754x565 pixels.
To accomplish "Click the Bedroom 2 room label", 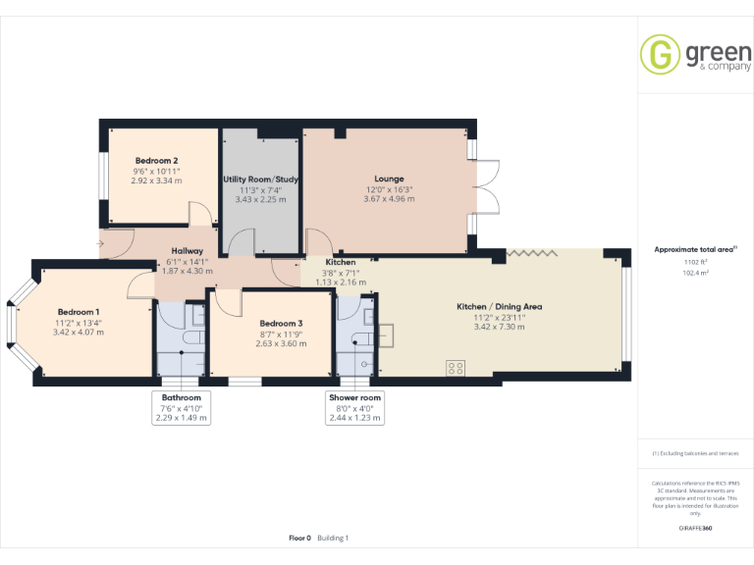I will click(x=156, y=161).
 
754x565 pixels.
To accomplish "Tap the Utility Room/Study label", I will click(x=260, y=180).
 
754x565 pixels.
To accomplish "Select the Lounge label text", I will click(x=389, y=179).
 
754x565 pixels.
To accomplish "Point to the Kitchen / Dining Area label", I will click(x=500, y=306).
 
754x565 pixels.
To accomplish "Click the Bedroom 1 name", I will click(x=78, y=312).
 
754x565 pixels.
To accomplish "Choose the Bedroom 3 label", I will click(x=281, y=323).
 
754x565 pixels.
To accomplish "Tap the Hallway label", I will click(x=186, y=251).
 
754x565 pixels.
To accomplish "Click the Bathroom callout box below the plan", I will click(x=182, y=407).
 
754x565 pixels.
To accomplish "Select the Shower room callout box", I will click(x=354, y=407).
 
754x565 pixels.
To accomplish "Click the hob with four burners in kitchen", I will click(x=457, y=368).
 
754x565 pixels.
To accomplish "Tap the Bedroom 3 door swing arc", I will click(x=225, y=303).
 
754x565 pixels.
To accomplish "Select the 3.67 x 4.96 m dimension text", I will click(x=389, y=199).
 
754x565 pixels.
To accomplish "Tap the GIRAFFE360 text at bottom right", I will click(x=695, y=529).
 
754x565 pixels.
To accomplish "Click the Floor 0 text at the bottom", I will click(x=299, y=538).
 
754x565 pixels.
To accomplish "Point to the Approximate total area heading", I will click(x=695, y=249).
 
